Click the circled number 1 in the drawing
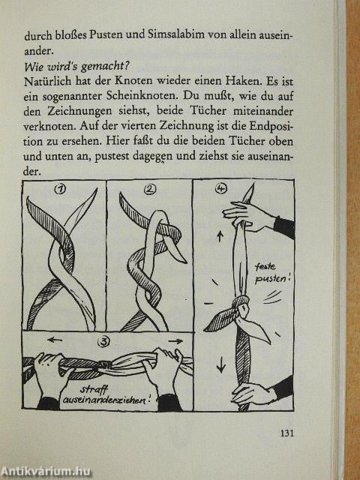click(60, 190)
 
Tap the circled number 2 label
click(149, 190)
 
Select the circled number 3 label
click(103, 342)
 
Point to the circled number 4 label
click(220, 190)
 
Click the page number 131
click(286, 433)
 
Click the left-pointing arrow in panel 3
click(55, 340)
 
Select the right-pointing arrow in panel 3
click(175, 341)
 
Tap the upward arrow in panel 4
click(220, 237)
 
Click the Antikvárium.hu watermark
click(46, 472)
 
